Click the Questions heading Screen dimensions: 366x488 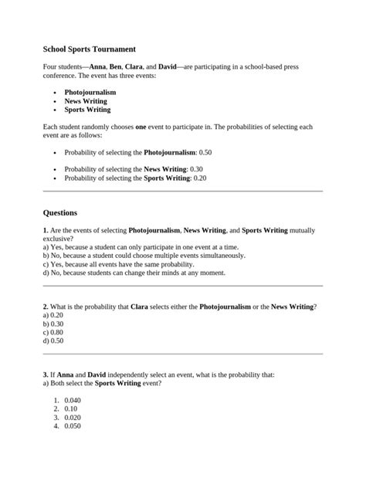[60, 212]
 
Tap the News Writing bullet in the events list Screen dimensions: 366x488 [86, 101]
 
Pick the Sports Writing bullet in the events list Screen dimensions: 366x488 [87, 110]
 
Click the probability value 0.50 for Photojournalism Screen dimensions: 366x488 [204, 153]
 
